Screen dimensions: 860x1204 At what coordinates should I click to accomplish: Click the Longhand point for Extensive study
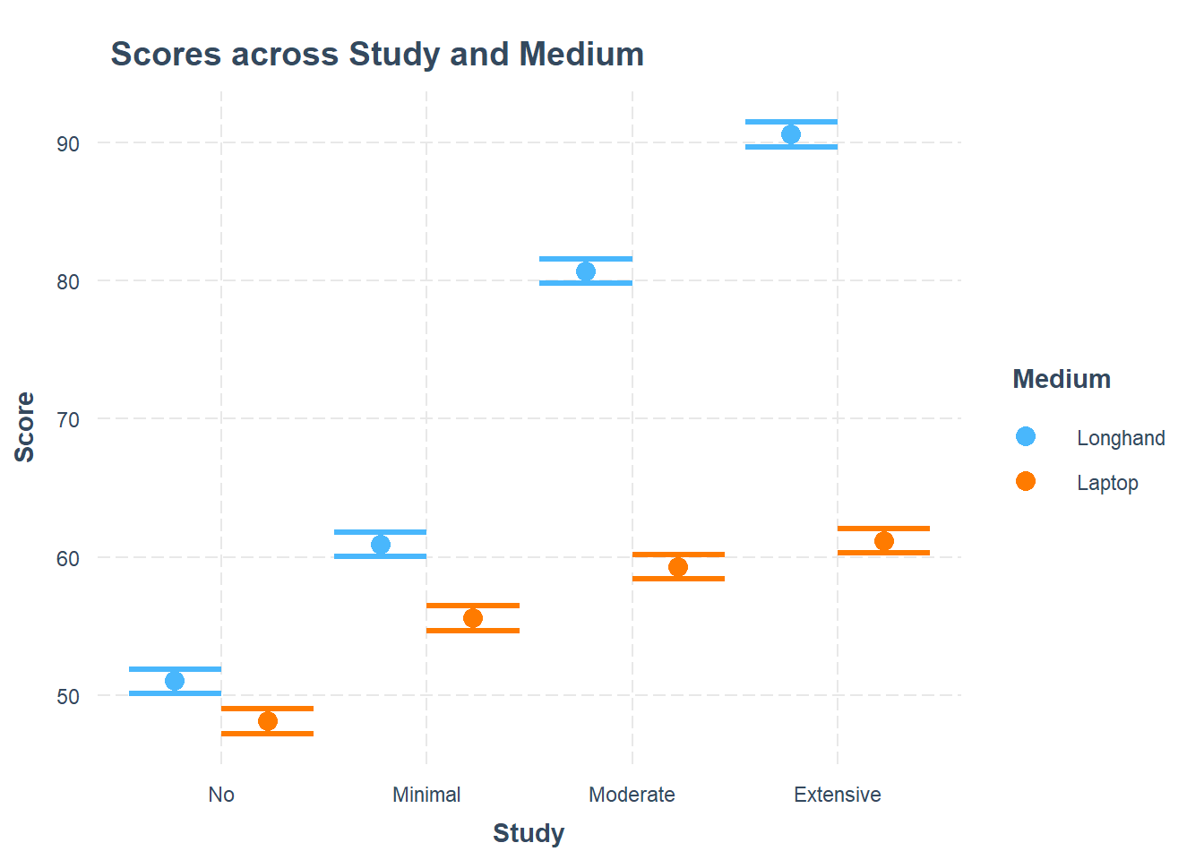(791, 134)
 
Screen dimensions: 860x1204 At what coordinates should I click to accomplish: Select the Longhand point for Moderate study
(586, 271)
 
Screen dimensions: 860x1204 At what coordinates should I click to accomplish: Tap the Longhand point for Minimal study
(381, 545)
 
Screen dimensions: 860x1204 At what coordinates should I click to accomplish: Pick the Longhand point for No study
(175, 681)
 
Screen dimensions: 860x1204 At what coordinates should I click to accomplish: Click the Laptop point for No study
(268, 721)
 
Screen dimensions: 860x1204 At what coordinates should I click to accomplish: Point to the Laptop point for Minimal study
(473, 618)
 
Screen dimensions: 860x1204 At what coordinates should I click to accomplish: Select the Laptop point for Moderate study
(678, 567)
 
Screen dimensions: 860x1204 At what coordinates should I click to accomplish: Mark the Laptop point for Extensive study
(884, 541)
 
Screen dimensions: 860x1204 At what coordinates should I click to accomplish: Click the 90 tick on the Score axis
(68, 144)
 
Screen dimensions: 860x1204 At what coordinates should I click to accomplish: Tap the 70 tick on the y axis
(68, 420)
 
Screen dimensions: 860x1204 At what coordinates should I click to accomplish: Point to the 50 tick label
(68, 697)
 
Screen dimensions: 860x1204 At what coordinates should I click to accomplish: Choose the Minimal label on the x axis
(426, 795)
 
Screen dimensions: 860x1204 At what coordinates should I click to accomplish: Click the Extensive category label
(838, 795)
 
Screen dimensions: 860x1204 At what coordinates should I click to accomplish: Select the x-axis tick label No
(221, 795)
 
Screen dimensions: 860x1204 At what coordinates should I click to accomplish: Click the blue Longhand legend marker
(1026, 436)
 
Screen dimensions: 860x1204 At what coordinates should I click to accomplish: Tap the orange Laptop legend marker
(1026, 481)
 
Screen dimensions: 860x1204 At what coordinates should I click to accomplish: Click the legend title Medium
(1062, 379)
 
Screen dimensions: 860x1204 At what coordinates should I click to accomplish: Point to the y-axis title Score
(25, 427)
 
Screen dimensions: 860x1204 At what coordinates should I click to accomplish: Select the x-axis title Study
(529, 833)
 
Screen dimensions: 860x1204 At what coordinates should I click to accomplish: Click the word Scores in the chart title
(166, 55)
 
